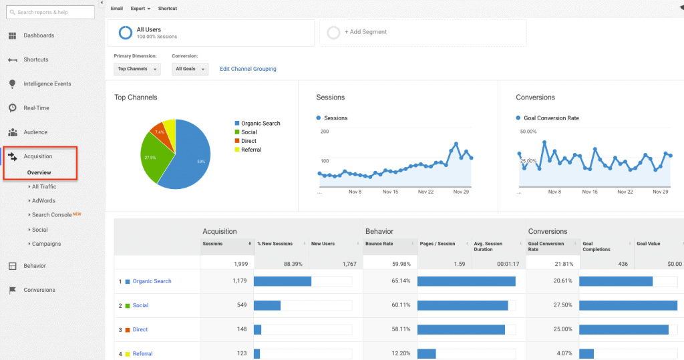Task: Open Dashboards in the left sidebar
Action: (39, 35)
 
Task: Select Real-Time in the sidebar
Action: (36, 108)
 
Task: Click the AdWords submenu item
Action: (43, 200)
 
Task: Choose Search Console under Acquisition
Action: (51, 215)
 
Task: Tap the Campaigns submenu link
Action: (46, 244)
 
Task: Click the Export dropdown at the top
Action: (140, 9)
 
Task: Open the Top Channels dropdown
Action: (137, 69)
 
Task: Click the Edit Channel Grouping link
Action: (248, 69)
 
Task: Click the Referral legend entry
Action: (250, 150)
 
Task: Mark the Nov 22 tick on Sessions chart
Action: (425, 192)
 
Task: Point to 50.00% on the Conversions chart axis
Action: (528, 132)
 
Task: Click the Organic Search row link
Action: (152, 281)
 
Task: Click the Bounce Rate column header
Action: (379, 244)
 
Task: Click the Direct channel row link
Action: (140, 329)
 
